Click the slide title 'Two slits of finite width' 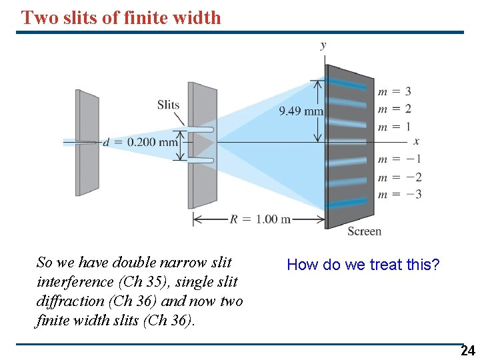(x=121, y=17)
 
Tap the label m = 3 (x=394, y=91)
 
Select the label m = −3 (x=399, y=195)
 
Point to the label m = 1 (x=394, y=127)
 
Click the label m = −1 (x=399, y=159)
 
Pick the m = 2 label (x=394, y=109)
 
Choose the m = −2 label (x=399, y=177)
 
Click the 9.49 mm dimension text (x=301, y=111)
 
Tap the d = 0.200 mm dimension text (x=141, y=142)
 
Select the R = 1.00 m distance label (x=260, y=219)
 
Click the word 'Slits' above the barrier (x=168, y=105)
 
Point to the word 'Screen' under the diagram (x=364, y=231)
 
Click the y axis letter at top (x=323, y=45)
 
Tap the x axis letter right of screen (x=417, y=141)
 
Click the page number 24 (x=468, y=351)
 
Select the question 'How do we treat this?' (x=363, y=265)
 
